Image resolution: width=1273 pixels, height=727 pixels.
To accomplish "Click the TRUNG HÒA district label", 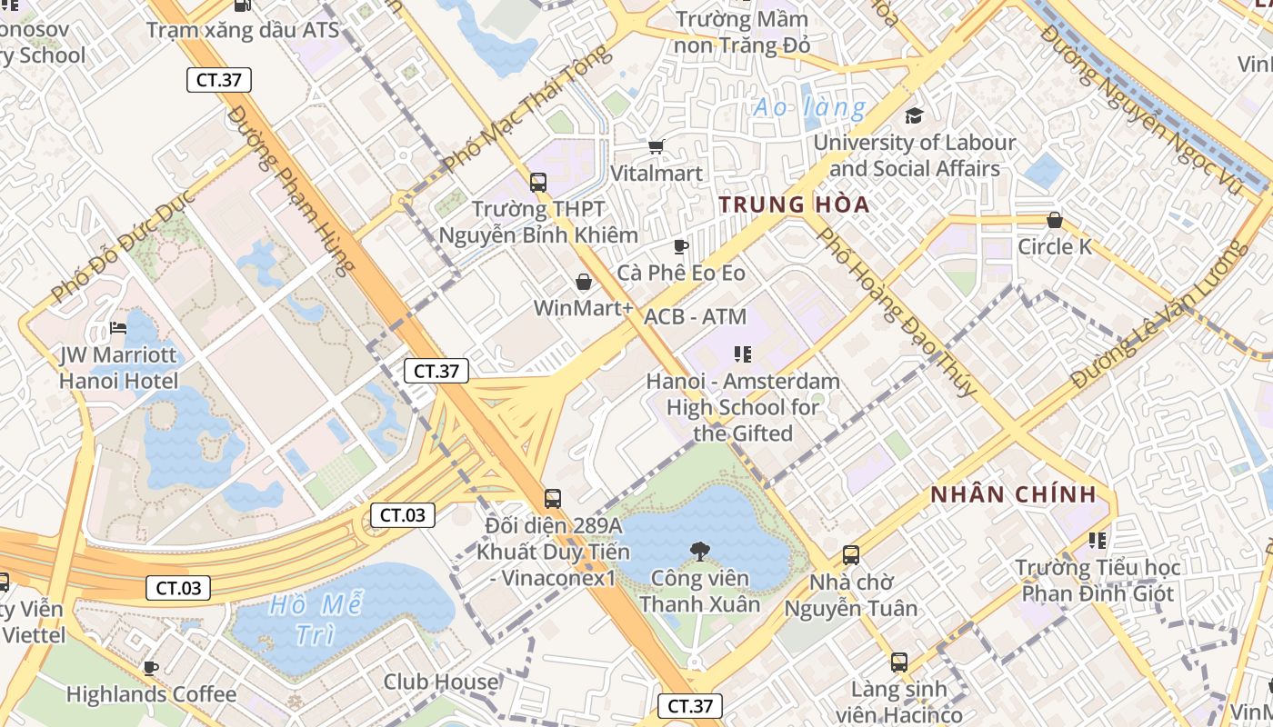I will point(794,204).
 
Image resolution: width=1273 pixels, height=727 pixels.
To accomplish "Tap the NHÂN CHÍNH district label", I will point(1013,495).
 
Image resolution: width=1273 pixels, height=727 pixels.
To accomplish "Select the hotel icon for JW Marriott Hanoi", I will point(118,328).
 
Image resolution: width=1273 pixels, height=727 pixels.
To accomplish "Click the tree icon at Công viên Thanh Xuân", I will point(699,551).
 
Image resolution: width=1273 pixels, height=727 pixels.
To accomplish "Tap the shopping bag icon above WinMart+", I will point(584,282).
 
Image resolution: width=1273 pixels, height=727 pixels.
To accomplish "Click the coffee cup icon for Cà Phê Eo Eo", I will point(680,246).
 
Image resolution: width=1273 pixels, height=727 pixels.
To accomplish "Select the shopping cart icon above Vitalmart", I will point(656,146).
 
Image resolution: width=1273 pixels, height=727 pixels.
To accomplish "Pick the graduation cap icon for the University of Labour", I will point(914,115).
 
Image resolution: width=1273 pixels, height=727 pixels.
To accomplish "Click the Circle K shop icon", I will point(1054,220).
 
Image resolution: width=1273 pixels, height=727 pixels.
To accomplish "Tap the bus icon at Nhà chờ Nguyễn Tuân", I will point(851,554).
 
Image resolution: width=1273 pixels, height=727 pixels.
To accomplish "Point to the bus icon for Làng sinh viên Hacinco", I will point(899,662).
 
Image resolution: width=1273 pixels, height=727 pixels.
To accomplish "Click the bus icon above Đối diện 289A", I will point(552,498).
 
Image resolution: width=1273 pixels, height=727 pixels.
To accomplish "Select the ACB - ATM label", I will point(695,317).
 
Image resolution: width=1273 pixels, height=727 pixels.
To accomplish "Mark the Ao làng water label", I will point(809,108).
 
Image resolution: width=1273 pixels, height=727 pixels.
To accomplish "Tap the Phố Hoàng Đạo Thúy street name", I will point(896,311).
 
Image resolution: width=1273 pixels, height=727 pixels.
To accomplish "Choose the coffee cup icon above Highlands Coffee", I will point(151,669).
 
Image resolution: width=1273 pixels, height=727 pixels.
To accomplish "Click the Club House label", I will point(440,682).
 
